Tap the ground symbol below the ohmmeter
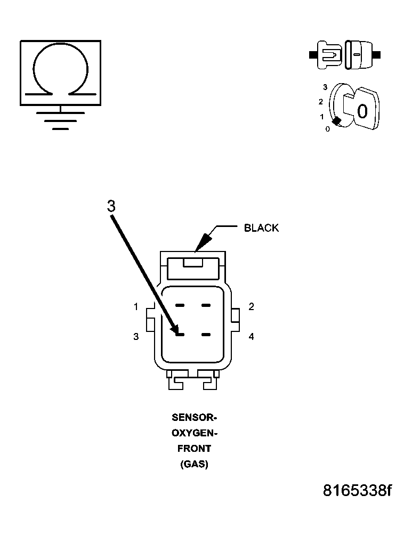pos(60,120)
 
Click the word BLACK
pos(261,228)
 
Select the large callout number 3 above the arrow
pos(111,207)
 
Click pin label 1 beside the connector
pos(136,306)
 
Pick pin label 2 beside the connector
pos(251,306)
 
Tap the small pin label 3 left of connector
pos(136,336)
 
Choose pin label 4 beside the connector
pos(251,336)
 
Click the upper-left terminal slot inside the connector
pos(180,306)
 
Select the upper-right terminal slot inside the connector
pos(206,306)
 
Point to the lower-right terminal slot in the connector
pos(206,335)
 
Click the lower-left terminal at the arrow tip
pos(180,335)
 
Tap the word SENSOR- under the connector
pos(194,417)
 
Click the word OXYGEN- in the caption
pos(194,432)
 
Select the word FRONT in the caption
pos(194,448)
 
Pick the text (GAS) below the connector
pos(194,464)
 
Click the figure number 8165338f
pos(357,490)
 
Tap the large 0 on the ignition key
pos(362,111)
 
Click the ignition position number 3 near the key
pos(325,86)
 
